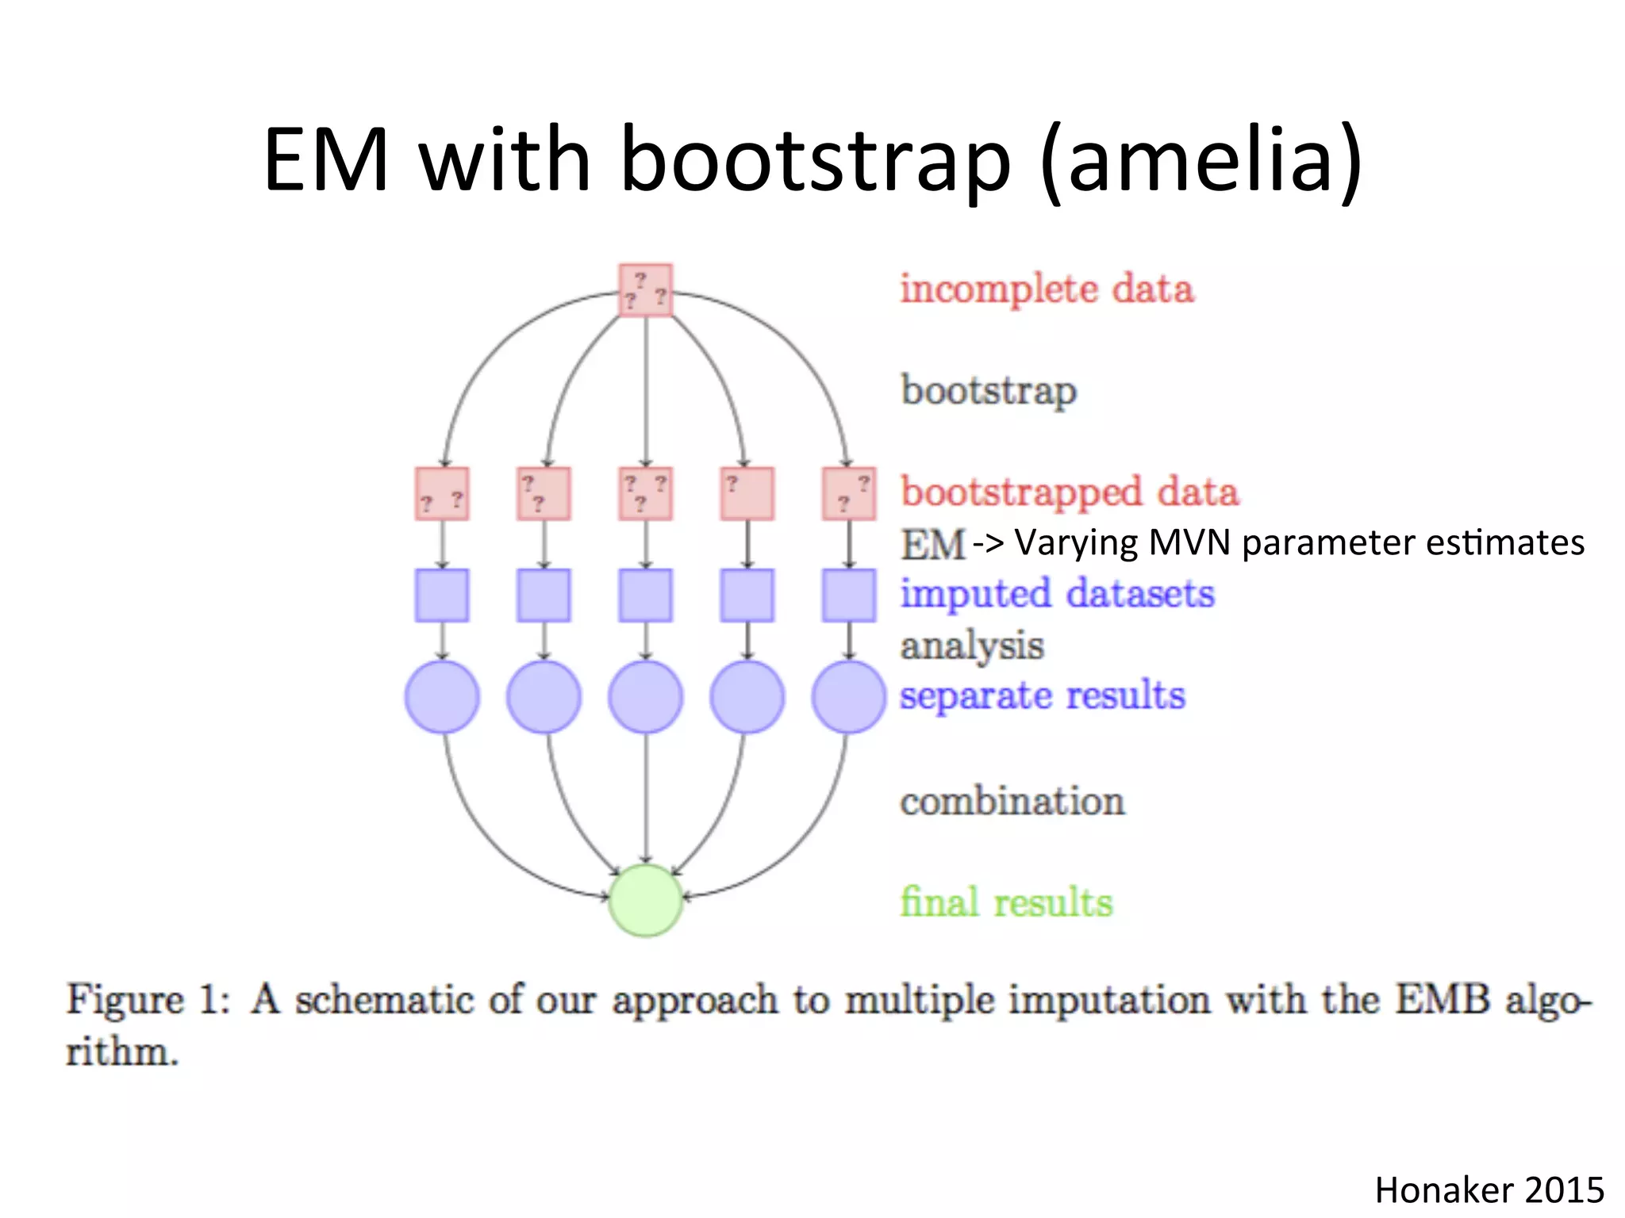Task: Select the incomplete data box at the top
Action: (645, 290)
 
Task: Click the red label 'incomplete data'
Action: (1046, 289)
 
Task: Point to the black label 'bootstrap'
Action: (989, 391)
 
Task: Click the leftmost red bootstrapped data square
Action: (442, 493)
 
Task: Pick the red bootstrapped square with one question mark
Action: (747, 493)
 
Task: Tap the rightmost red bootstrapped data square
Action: (848, 493)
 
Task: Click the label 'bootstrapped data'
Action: (1069, 492)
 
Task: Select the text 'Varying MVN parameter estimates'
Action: (1299, 543)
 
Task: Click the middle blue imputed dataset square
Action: (645, 595)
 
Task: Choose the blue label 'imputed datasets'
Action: (1057, 594)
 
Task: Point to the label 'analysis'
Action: (971, 645)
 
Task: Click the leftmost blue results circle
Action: (442, 696)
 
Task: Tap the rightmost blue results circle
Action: (848, 696)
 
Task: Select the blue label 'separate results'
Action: (1042, 696)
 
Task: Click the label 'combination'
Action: (1012, 801)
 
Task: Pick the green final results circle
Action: (645, 900)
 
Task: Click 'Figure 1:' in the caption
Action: (148, 999)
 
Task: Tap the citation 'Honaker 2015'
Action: (1489, 1190)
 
